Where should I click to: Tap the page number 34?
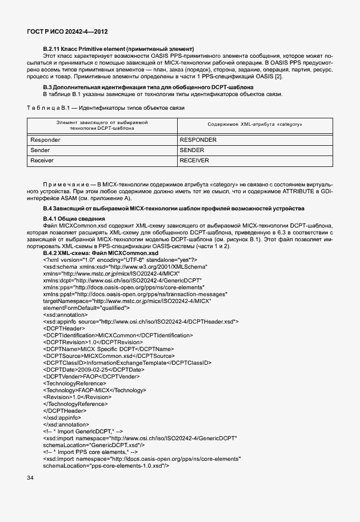coord(30,477)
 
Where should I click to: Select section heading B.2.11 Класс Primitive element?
coord(118,49)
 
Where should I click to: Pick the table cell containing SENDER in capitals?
coord(192,150)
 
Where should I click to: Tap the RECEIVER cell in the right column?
coord(194,161)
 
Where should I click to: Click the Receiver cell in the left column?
coord(43,161)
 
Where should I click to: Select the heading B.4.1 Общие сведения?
coord(74,219)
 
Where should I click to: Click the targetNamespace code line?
coord(127,300)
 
